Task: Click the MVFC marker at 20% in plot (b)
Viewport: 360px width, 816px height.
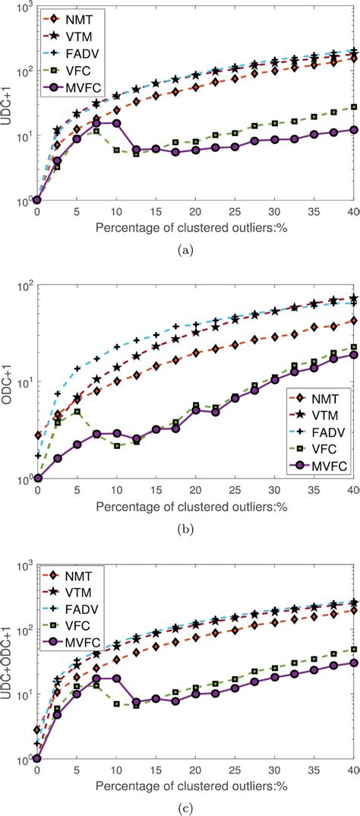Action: [x=195, y=410]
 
